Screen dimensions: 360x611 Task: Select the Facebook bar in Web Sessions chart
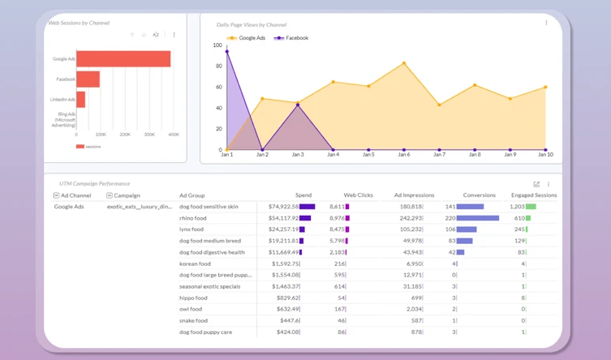click(x=88, y=79)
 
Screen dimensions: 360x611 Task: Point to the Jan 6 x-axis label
click(x=403, y=154)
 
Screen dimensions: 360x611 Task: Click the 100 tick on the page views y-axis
click(x=217, y=45)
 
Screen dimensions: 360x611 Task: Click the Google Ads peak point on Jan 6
click(x=404, y=63)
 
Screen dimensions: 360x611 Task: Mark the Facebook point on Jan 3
click(x=298, y=105)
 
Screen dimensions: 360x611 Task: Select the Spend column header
click(x=303, y=195)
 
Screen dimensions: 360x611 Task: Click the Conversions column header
click(x=479, y=195)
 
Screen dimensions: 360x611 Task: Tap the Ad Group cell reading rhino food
click(x=193, y=218)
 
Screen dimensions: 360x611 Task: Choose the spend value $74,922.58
click(x=284, y=207)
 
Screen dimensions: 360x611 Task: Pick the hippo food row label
click(x=193, y=298)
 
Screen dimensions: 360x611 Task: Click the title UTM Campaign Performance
click(x=94, y=184)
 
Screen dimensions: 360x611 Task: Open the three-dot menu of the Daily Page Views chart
click(x=546, y=23)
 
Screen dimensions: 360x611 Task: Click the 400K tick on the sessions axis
click(x=174, y=135)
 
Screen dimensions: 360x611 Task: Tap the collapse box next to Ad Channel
click(x=56, y=195)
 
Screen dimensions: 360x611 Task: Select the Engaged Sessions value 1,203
click(x=517, y=207)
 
